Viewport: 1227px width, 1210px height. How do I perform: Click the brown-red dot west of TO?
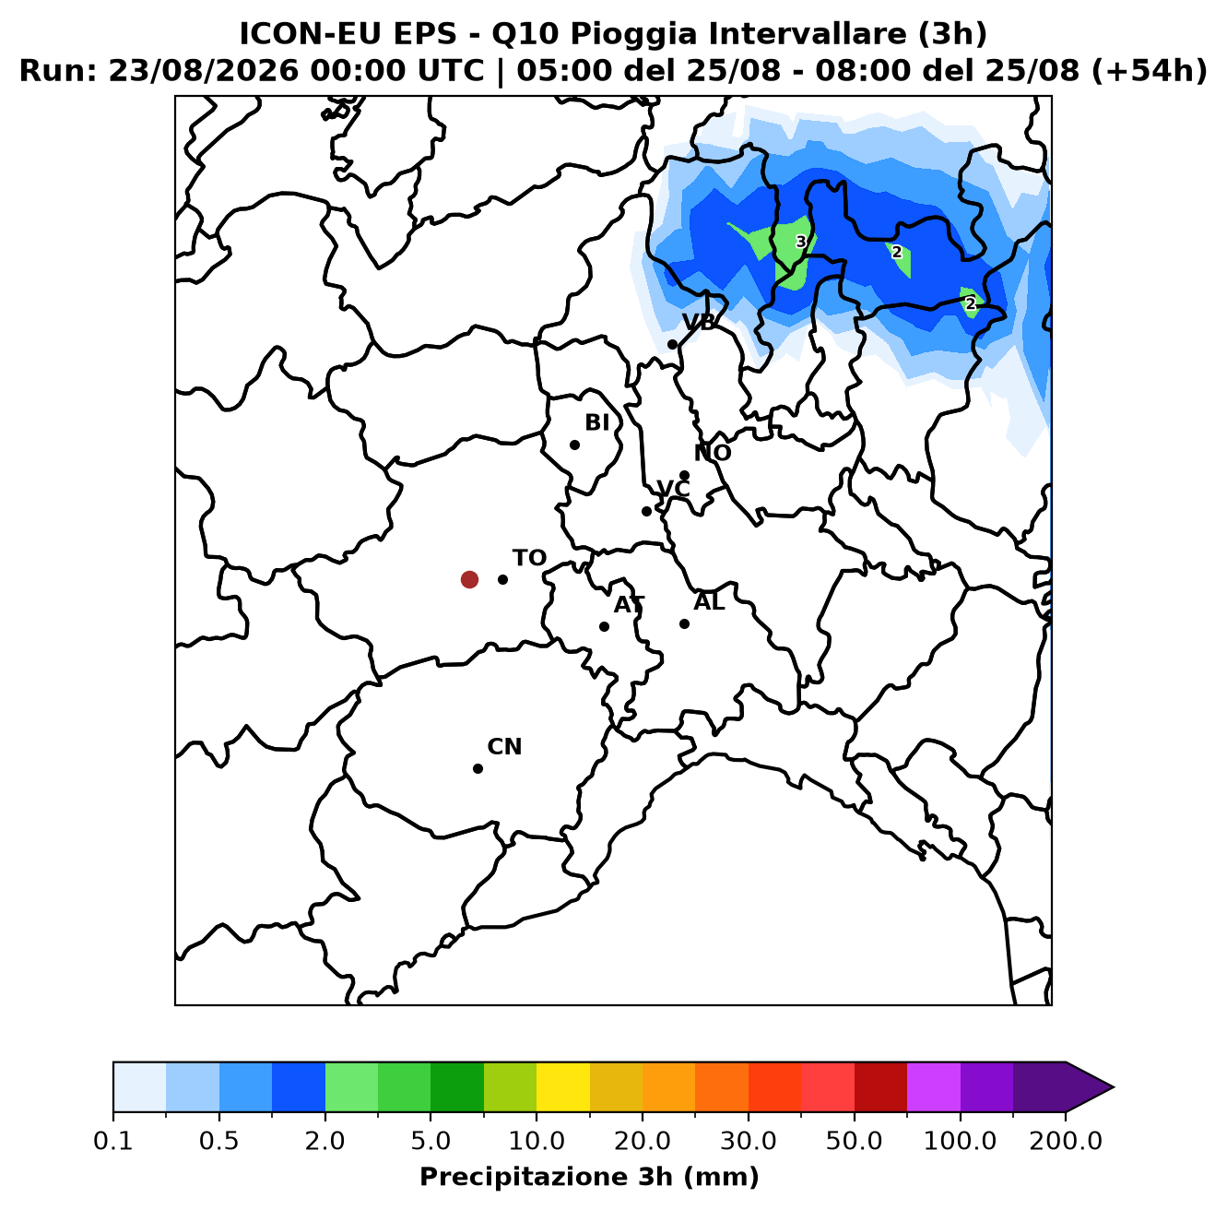[x=469, y=579]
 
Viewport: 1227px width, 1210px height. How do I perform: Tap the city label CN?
[x=504, y=747]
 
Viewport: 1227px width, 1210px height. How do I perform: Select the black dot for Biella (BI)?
[x=574, y=445]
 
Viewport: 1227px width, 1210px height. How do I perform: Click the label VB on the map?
[x=699, y=323]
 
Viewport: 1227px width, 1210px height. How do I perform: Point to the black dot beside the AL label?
[x=684, y=623]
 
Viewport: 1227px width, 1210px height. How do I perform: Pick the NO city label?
[x=713, y=453]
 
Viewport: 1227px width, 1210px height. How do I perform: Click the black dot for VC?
[x=646, y=511]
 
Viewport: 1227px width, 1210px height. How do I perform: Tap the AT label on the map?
[x=629, y=605]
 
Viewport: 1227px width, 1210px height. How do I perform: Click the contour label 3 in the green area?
[x=801, y=242]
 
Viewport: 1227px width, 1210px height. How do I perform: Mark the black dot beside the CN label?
[x=478, y=768]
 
